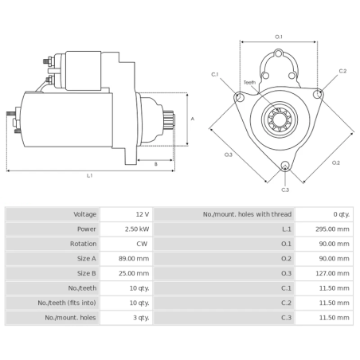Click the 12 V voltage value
click(x=143, y=214)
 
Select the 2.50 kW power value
click(x=137, y=229)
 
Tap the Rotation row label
click(x=83, y=244)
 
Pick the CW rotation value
click(x=142, y=244)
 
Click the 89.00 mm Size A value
click(x=134, y=259)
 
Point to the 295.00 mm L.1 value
click(x=332, y=229)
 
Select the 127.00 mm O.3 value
click(x=332, y=273)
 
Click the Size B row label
click(x=87, y=273)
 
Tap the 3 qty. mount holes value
click(x=141, y=318)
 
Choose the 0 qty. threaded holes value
click(x=342, y=214)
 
